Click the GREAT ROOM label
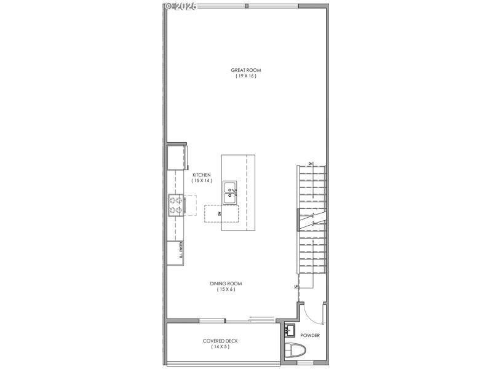pos(245,70)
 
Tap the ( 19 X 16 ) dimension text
pos(245,76)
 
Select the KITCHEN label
pos(201,175)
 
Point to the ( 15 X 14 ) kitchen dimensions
pos(201,181)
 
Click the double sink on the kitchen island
pos(230,192)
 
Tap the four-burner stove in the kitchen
pos(175,205)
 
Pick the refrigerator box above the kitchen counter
pos(177,157)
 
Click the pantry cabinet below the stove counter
pos(175,253)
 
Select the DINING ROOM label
pos(226,284)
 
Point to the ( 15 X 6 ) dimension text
pos(226,290)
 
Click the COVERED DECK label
pos(220,341)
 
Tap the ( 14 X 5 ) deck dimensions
pos(220,347)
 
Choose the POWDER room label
pos(309,335)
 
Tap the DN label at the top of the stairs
pos(311,163)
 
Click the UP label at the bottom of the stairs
pos(296,286)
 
